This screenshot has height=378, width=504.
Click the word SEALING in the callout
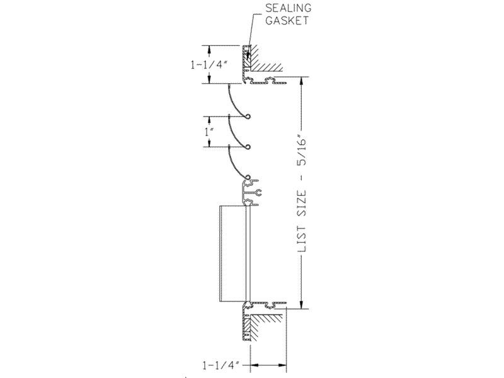pos(289,8)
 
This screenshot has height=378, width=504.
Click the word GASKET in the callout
pos(287,21)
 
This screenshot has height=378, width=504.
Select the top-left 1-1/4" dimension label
pos(209,65)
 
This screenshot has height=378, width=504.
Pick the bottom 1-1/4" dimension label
pos(221,365)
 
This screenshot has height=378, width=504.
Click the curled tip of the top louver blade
pos(248,117)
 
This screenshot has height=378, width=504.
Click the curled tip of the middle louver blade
pos(248,147)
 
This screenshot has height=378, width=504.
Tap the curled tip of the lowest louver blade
pos(248,177)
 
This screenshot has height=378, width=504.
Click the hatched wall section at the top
pos(262,59)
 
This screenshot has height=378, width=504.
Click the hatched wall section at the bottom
pos(262,327)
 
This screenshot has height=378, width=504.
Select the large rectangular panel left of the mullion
pos(232,254)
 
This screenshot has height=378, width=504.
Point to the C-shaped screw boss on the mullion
pos(258,193)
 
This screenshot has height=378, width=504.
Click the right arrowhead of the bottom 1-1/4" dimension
pos(282,365)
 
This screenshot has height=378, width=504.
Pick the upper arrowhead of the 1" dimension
pos(210,120)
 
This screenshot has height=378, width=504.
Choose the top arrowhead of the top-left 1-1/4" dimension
pos(210,50)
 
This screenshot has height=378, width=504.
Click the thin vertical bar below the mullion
pos(248,254)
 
